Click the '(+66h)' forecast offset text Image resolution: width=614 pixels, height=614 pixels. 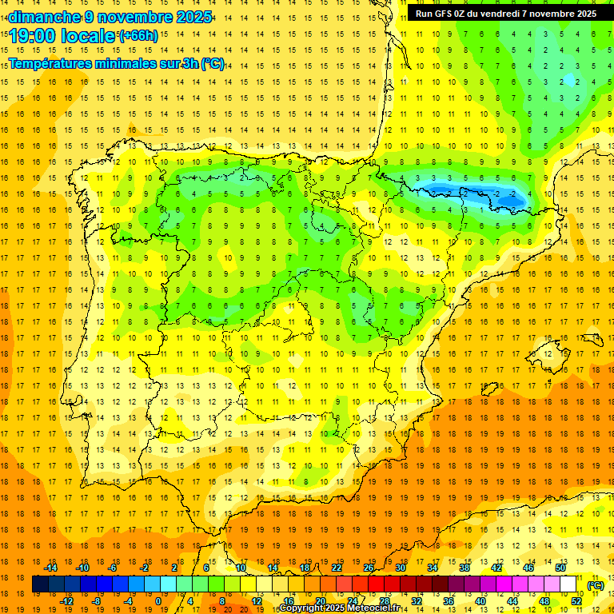(x=138, y=36)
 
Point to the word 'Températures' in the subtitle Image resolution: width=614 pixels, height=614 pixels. (x=54, y=64)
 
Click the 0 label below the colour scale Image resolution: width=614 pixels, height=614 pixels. (x=158, y=601)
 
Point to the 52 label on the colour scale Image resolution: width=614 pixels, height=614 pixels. (x=576, y=601)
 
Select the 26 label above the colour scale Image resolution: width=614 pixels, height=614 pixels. (x=369, y=568)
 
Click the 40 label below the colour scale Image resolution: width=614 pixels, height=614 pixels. (x=480, y=601)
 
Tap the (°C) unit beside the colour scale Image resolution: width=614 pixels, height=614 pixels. (x=596, y=585)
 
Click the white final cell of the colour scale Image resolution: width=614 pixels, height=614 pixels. (x=568, y=584)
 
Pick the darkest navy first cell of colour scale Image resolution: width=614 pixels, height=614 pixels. (x=40, y=584)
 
